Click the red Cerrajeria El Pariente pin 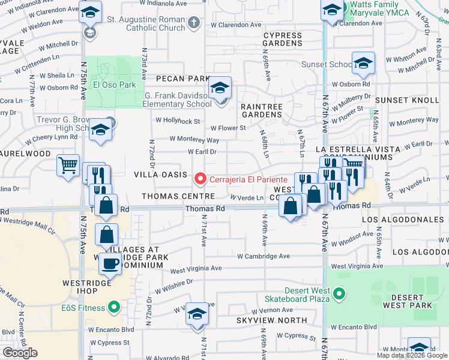(200, 179)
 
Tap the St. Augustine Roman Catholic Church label (146, 24)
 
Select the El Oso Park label (114, 85)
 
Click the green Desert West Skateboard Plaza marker (339, 293)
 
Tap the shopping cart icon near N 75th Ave (68, 165)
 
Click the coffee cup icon (110, 263)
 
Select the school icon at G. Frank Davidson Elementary (220, 89)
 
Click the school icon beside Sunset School (363, 63)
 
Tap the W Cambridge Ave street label (264, 256)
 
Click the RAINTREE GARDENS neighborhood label (261, 110)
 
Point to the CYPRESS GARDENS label (282, 40)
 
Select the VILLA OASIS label (159, 174)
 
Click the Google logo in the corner (20, 353)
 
